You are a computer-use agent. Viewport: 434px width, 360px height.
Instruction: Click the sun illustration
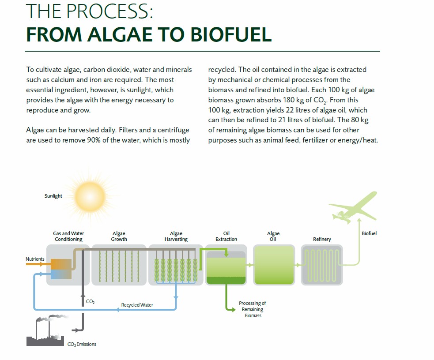tap(90, 196)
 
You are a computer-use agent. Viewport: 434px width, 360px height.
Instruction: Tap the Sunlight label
tap(53, 196)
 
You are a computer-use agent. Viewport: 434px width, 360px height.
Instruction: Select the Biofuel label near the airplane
tap(369, 233)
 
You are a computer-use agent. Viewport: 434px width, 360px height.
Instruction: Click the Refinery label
tap(322, 239)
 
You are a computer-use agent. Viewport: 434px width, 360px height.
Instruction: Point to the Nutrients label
tap(35, 259)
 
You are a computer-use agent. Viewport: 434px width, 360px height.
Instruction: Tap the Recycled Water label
tap(137, 305)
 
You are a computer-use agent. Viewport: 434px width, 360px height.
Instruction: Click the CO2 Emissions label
tap(82, 344)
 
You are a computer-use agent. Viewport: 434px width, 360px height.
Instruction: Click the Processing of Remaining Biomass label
tap(253, 309)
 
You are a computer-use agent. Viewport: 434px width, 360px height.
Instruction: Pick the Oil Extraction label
tap(226, 236)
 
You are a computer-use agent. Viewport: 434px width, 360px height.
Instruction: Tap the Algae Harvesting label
tap(176, 236)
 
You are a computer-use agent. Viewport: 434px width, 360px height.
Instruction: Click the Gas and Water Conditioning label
tap(68, 236)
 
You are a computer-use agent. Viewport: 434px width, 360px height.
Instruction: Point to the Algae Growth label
tap(119, 236)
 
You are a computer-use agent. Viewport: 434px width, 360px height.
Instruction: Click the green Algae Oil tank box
tap(274, 265)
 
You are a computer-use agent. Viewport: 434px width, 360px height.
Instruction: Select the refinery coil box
tap(322, 265)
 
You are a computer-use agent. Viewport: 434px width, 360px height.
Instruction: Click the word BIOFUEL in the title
tap(231, 35)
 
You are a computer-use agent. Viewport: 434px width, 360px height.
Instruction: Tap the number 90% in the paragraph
tap(94, 140)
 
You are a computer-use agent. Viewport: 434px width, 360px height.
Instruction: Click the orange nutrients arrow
tap(35, 264)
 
